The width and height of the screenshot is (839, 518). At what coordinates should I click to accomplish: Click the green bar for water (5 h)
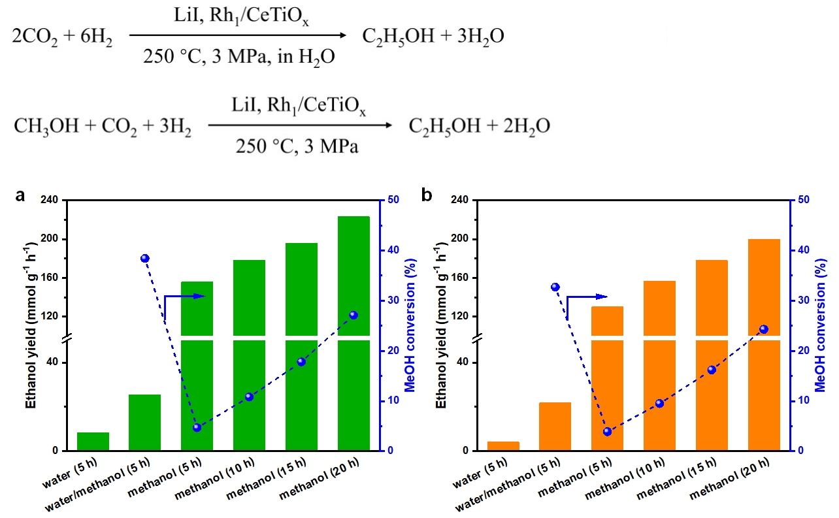pos(93,442)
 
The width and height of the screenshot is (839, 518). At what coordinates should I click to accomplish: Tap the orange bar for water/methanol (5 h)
pos(555,427)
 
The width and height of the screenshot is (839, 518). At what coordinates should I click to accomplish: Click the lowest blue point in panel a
pos(197,428)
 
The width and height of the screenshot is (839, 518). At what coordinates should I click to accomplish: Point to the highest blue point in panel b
pos(555,287)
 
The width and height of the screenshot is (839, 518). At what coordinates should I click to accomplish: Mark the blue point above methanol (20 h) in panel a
pos(354,315)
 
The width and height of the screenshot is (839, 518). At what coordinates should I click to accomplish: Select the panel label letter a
pos(20,194)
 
